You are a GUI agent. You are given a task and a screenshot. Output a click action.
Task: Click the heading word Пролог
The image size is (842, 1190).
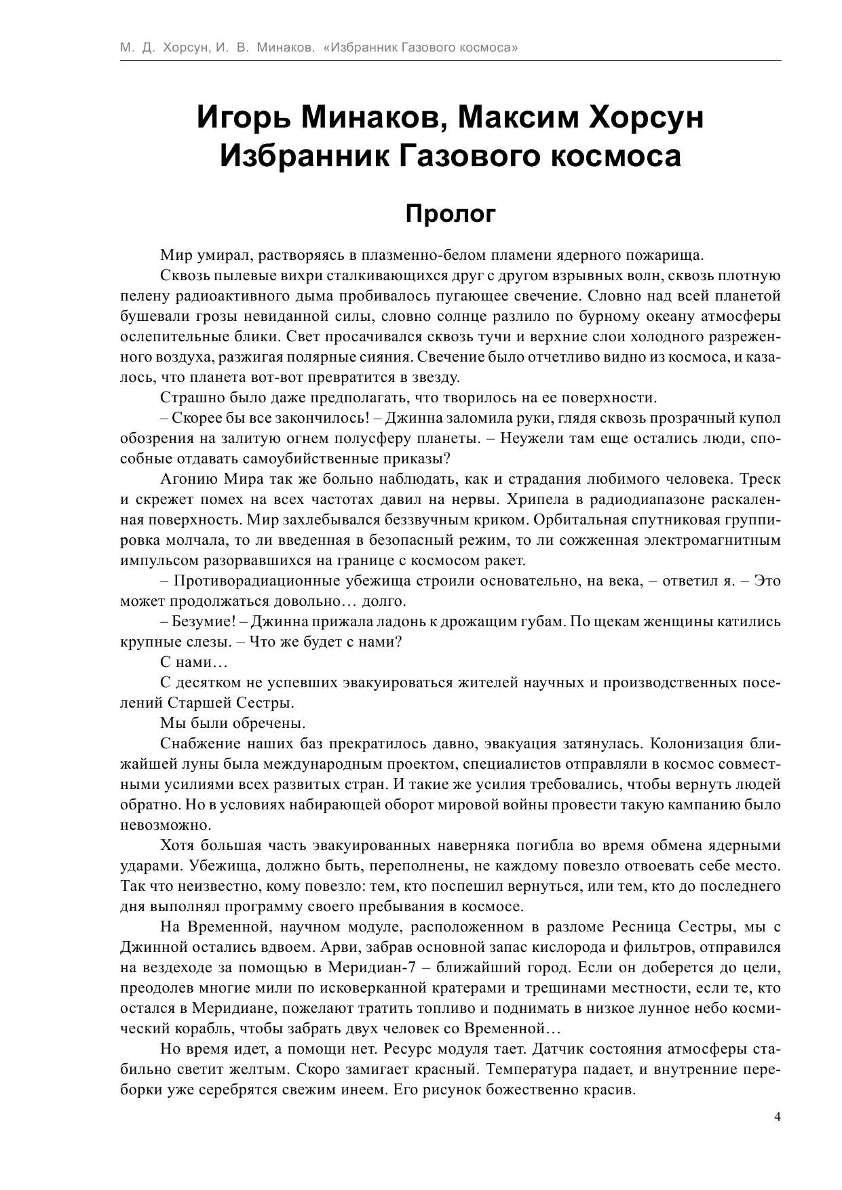[451, 214]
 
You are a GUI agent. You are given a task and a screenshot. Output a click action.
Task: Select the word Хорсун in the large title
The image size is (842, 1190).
[648, 118]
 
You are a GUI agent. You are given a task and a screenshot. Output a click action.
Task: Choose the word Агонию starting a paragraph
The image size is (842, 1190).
[187, 479]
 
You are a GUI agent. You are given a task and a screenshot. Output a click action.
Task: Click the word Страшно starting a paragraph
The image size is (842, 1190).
[189, 398]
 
